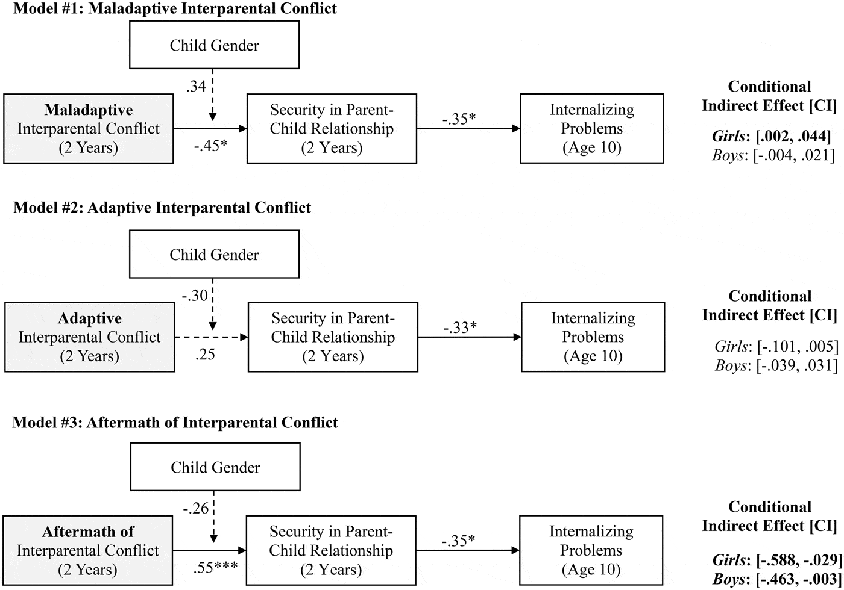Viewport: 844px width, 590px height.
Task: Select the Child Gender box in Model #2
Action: tap(214, 255)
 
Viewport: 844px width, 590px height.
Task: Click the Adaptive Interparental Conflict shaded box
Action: tap(90, 337)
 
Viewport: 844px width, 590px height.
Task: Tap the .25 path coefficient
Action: tap(205, 355)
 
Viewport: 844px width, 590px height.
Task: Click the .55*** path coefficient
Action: tap(215, 568)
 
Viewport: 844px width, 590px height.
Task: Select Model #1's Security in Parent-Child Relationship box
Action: tap(332, 128)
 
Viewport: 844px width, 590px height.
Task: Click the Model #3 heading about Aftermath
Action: tap(175, 422)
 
